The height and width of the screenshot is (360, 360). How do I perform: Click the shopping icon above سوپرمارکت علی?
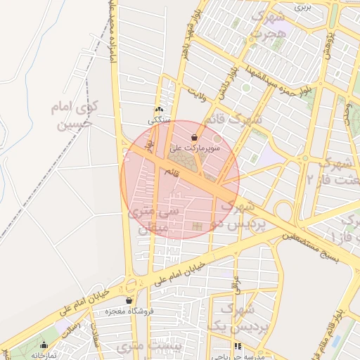coord(193,139)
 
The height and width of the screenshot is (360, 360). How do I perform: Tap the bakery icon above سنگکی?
coord(159,110)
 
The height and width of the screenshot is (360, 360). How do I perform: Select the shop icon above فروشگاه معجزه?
coord(129,300)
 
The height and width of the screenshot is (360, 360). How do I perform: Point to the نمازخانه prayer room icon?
coord(45,345)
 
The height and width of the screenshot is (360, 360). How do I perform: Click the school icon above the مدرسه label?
coord(238,347)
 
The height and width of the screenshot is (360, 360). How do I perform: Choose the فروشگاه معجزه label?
coord(129,311)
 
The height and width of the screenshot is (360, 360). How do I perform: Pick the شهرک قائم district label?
coord(235,119)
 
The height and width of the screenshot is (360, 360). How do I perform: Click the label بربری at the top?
coord(302,7)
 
